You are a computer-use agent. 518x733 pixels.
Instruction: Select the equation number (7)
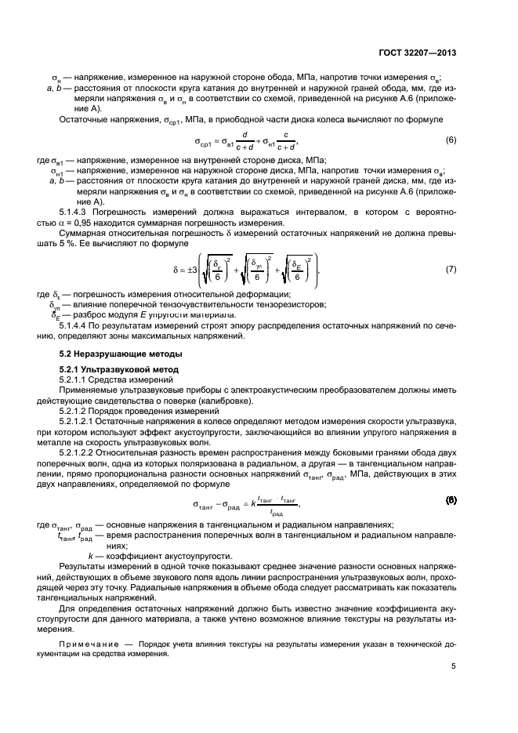pos(451,269)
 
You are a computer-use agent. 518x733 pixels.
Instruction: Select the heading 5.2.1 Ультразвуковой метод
pos(113,368)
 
